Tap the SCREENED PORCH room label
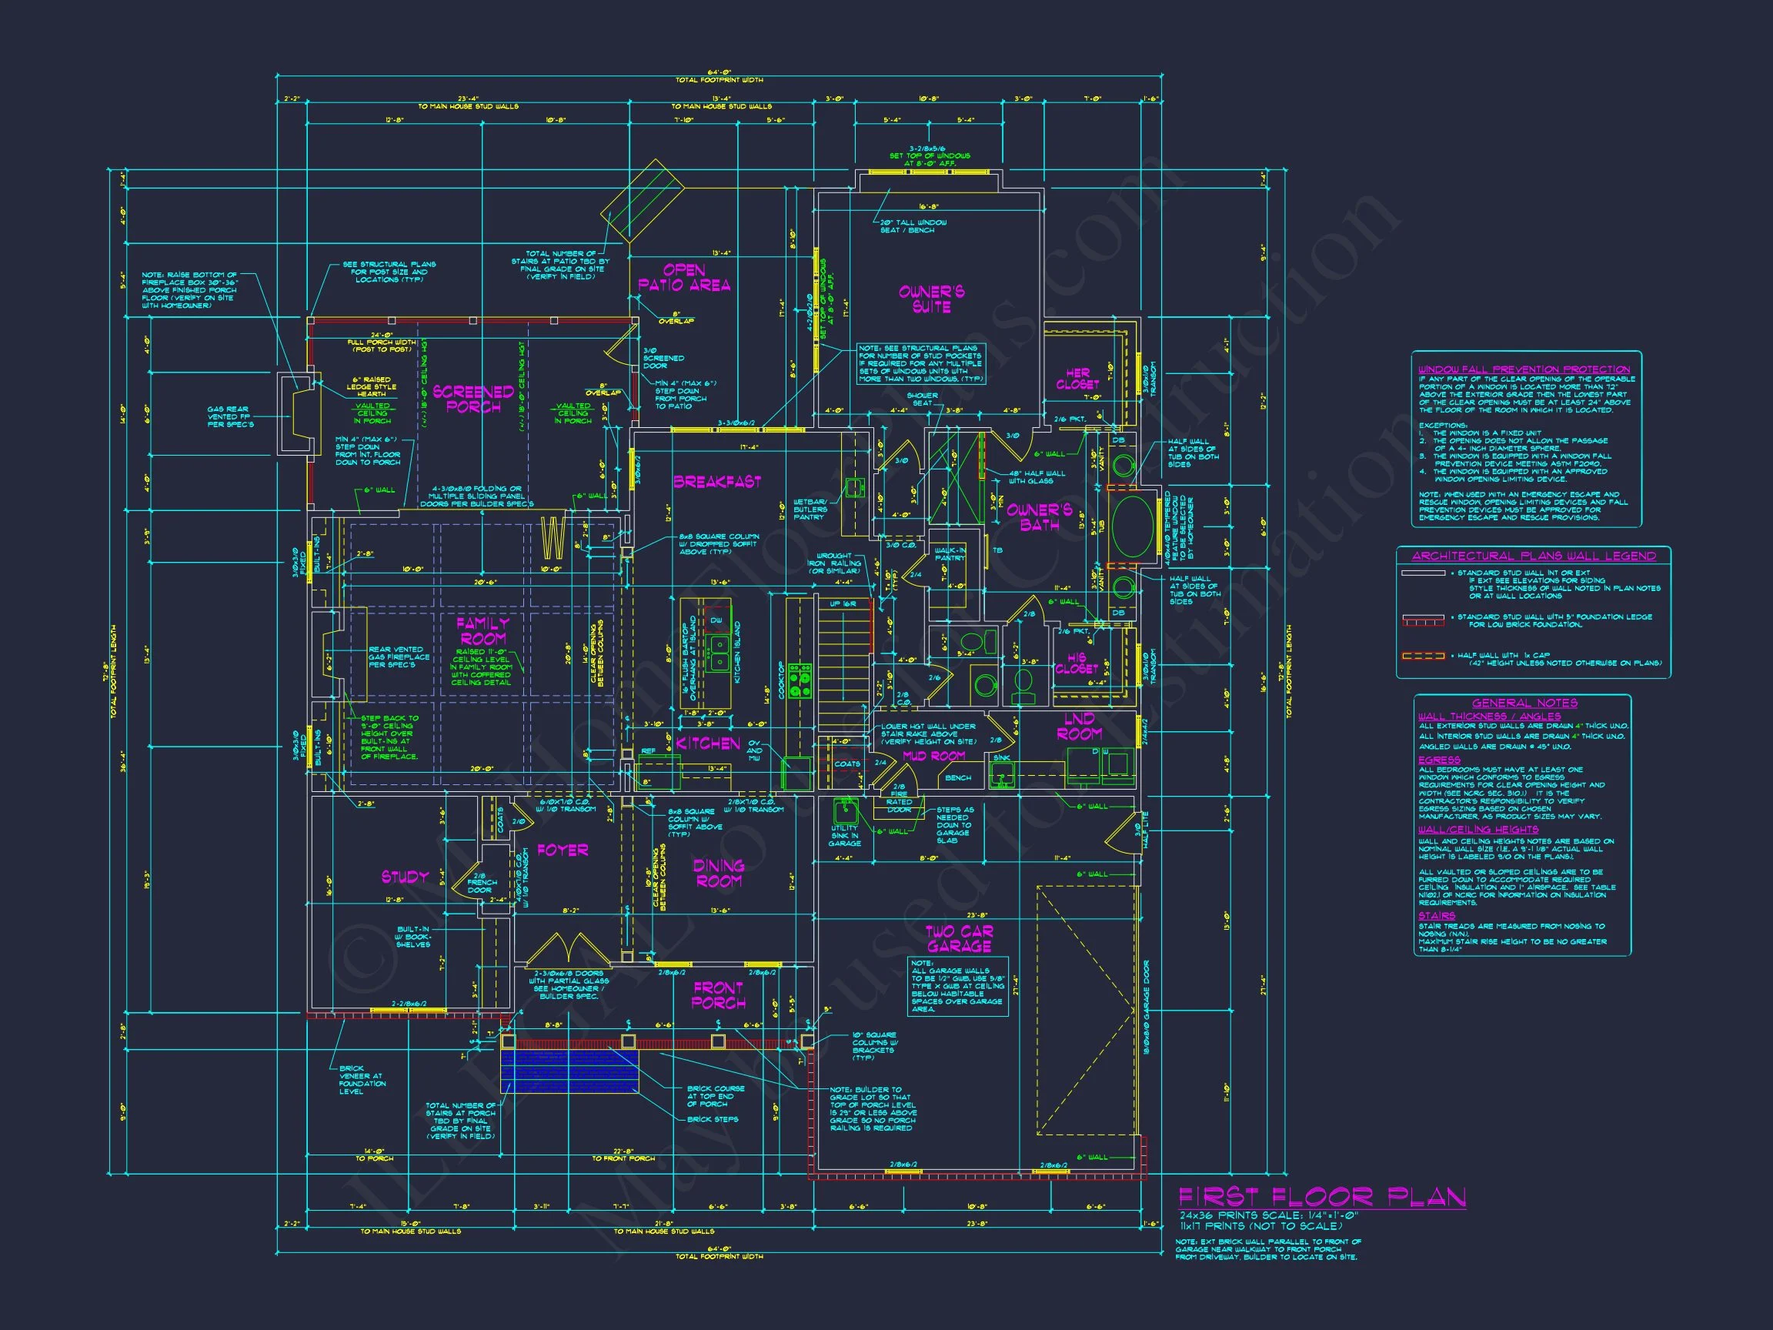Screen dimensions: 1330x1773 tap(473, 399)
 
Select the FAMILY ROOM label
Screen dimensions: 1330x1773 tap(482, 631)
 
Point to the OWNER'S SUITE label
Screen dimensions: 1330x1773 tap(930, 299)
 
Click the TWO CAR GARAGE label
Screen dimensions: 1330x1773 tap(959, 939)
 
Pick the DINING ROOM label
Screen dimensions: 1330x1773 tap(718, 873)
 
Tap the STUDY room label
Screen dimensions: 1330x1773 tap(405, 877)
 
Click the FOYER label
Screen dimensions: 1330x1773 tap(562, 850)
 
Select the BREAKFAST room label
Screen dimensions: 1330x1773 tap(716, 482)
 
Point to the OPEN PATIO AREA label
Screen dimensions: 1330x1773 tap(683, 277)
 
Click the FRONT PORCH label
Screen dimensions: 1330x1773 tap(718, 995)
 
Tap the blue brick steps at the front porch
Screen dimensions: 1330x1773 tap(569, 1071)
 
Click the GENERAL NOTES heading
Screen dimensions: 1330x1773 tap(1524, 703)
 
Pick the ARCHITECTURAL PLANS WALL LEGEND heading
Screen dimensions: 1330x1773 tap(1534, 556)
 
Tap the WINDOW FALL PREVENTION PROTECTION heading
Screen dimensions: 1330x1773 tap(1524, 369)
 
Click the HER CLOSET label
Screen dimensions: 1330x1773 tap(1077, 379)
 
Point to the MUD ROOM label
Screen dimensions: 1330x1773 tap(933, 755)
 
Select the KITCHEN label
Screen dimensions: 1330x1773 tap(708, 744)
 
